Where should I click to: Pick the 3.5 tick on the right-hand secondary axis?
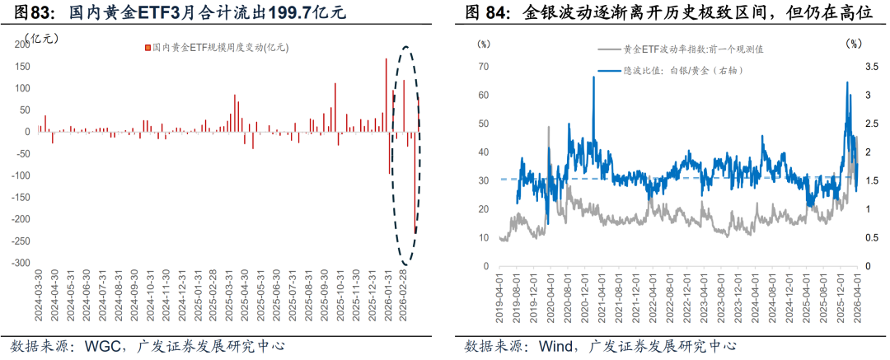click(870, 66)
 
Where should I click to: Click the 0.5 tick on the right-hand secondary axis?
click(870, 238)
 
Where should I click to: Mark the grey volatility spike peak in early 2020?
click(550, 126)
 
